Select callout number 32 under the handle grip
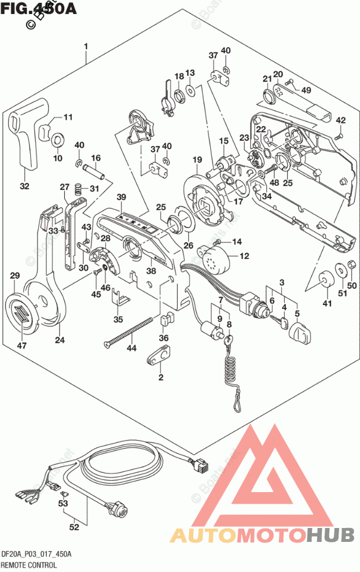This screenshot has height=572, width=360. pos(24,186)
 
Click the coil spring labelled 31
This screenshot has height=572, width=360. pos(80,188)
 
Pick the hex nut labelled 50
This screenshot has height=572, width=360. pos(350,267)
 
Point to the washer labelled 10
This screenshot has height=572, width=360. pos(58,140)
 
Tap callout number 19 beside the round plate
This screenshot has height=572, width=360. pos(197,160)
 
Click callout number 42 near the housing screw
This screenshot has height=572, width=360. pos(340,120)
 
